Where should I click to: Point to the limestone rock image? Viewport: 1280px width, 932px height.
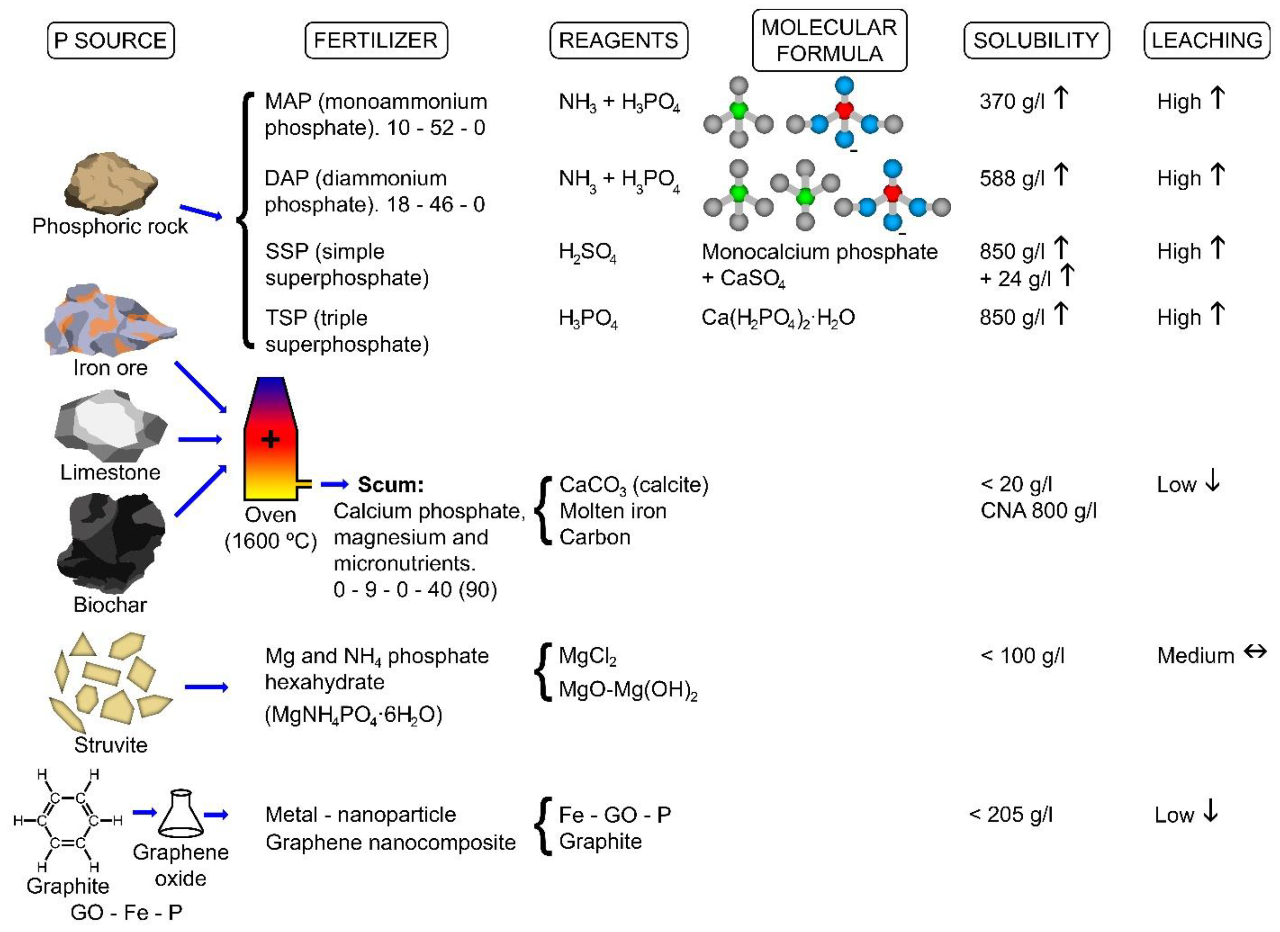(x=110, y=426)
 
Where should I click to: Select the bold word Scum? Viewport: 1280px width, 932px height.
(x=391, y=484)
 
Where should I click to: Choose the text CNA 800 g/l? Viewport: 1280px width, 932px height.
(x=1038, y=511)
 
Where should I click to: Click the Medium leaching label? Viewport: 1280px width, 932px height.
(x=1195, y=656)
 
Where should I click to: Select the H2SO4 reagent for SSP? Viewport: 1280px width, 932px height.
(x=587, y=252)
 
